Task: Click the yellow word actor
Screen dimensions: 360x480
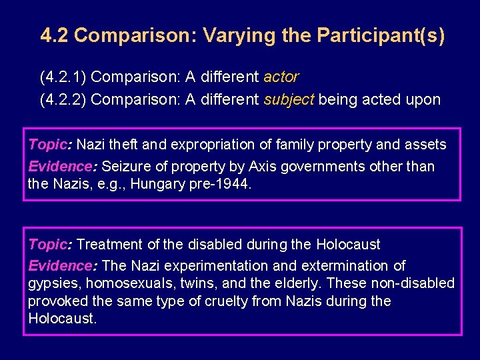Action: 281,77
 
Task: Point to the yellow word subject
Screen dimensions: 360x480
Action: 289,100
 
